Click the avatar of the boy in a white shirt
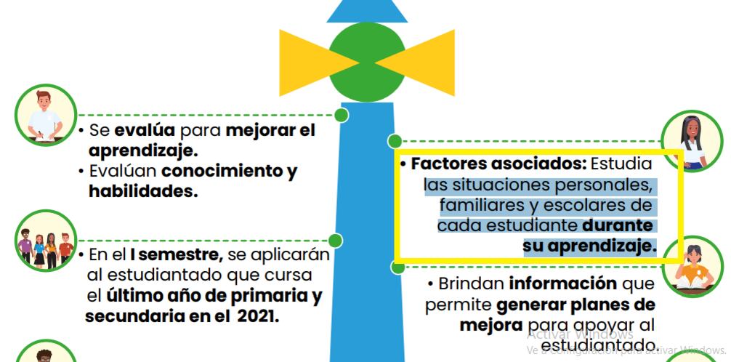coord(45,115)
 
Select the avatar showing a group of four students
coord(45,240)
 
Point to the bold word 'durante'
coord(618,225)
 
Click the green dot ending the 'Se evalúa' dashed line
coord(340,115)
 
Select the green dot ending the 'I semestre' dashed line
coord(334,239)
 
